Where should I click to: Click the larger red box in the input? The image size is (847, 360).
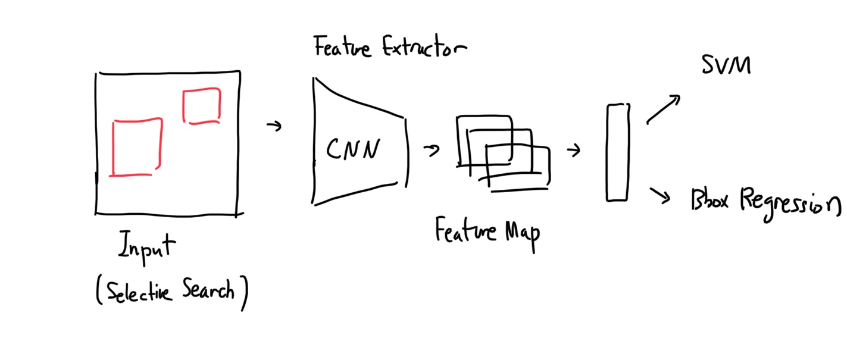click(136, 147)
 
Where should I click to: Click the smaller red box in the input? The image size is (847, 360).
click(202, 105)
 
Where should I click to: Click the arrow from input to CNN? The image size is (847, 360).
click(274, 126)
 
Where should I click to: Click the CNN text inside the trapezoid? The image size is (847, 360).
click(353, 149)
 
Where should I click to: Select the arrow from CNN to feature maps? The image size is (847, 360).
click(432, 150)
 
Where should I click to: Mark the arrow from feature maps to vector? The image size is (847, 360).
click(574, 151)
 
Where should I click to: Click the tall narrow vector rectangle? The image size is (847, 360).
click(617, 153)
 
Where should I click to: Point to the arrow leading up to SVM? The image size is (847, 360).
click(664, 109)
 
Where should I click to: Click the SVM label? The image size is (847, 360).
click(726, 65)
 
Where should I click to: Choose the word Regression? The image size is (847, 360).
click(791, 203)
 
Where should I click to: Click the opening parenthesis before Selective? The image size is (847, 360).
click(99, 293)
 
